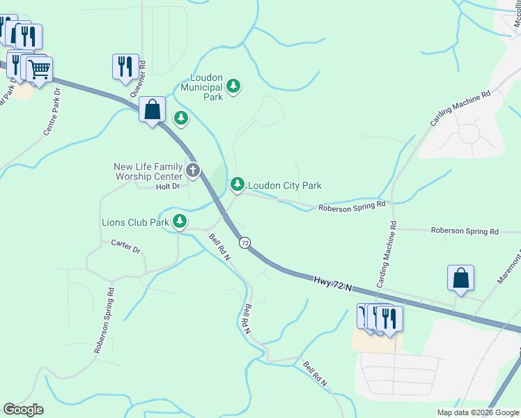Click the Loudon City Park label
[x=285, y=186]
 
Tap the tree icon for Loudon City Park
[x=238, y=185]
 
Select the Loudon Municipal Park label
[x=201, y=92]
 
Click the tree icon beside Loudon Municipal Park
[x=234, y=87]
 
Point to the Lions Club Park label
[x=135, y=223]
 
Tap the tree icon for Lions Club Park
[x=180, y=222]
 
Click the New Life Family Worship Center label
[x=148, y=171]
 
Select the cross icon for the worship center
[x=193, y=169]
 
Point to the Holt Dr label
[x=168, y=187]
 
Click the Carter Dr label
[x=125, y=246]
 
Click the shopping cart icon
[x=40, y=70]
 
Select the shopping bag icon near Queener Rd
[x=152, y=109]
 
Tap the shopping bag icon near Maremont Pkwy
[x=460, y=278]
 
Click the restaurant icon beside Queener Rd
[x=125, y=66]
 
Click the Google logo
[x=23, y=410]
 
